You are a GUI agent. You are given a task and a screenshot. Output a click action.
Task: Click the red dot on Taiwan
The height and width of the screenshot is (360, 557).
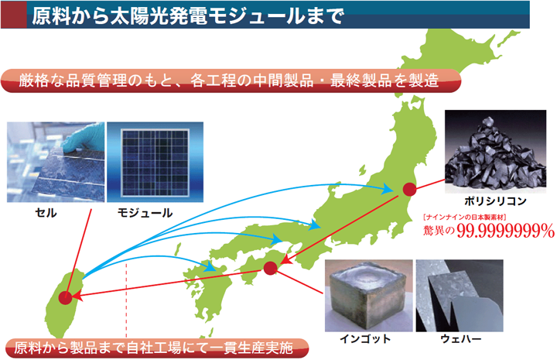point(65,297)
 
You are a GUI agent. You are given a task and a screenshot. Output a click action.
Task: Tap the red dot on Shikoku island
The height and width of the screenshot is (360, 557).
point(270,268)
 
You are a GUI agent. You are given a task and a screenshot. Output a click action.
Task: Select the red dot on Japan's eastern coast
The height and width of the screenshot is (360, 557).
point(409,189)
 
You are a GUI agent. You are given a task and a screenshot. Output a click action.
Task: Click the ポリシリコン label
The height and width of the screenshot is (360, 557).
point(495,201)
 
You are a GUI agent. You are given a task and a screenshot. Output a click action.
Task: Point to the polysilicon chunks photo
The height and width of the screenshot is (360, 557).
point(496,152)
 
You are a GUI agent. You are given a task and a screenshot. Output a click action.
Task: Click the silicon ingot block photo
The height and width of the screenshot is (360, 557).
point(369,296)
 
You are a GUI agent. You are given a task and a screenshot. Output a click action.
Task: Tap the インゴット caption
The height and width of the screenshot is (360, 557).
point(365,338)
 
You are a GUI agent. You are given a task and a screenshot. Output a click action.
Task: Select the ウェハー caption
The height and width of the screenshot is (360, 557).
point(460,338)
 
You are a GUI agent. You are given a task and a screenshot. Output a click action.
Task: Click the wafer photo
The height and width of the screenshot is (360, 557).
point(460,296)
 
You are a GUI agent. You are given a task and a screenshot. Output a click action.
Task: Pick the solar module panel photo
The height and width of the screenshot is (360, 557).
point(155,163)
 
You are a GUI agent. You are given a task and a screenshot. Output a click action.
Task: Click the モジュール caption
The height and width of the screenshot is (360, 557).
point(145,213)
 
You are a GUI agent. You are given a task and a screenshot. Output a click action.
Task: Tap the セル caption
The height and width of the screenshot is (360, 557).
point(46,213)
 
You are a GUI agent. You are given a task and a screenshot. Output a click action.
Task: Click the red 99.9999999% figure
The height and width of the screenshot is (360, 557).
point(505,231)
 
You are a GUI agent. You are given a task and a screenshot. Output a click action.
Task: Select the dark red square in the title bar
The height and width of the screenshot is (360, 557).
point(14,15)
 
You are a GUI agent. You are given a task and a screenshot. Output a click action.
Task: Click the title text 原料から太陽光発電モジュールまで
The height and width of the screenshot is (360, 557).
point(188,15)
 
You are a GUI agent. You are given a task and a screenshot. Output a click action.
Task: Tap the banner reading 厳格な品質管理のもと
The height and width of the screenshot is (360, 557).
point(231,81)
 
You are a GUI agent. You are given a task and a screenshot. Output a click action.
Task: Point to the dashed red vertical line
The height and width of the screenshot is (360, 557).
point(126,300)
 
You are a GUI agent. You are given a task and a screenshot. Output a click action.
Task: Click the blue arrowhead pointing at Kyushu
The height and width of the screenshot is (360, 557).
point(210,266)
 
